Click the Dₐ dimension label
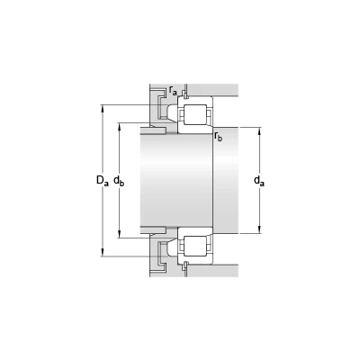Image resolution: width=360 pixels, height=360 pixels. pyautogui.click(x=102, y=181)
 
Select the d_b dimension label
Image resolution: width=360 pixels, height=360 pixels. pyautogui.click(x=119, y=181)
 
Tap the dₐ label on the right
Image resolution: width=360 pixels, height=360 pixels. pyautogui.click(x=259, y=181)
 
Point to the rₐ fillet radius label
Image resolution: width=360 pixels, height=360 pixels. pyautogui.click(x=173, y=90)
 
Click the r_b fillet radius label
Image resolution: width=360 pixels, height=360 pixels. pyautogui.click(x=219, y=137)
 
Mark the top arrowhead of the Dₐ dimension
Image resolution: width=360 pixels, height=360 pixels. pyautogui.click(x=103, y=108)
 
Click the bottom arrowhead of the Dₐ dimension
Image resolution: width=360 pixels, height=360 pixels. pyautogui.click(x=103, y=253)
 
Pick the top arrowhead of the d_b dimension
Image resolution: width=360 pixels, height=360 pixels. pyautogui.click(x=120, y=127)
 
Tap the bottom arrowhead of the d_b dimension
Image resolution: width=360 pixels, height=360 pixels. pyautogui.click(x=120, y=234)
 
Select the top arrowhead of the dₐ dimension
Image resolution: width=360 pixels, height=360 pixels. pyautogui.click(x=260, y=131)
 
